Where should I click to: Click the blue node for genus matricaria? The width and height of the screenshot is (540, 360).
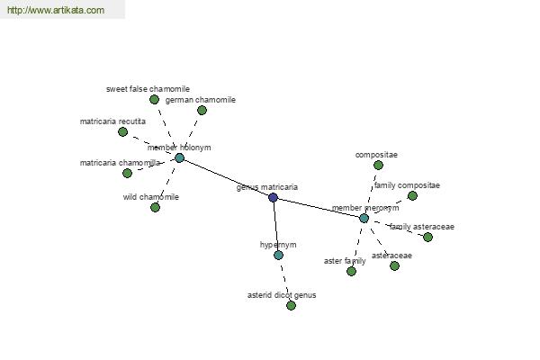273,197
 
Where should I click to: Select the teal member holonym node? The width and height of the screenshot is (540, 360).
179,158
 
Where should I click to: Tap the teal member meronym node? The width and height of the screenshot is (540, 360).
364,218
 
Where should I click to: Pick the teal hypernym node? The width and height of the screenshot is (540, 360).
278,256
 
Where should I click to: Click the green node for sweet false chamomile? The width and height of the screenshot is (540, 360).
154,100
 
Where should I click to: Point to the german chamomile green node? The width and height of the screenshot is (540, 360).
202,110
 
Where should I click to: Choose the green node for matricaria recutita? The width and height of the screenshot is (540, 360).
122,132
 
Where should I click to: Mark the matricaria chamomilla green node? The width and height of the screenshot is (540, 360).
127,173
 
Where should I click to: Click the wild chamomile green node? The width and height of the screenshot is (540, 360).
155,207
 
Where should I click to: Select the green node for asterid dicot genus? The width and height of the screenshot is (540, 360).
291,306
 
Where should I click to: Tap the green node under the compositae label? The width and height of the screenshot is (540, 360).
378,166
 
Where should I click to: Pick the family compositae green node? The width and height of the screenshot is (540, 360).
412,195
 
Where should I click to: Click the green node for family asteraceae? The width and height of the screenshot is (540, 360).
427,237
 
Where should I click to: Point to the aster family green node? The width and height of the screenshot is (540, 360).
351,272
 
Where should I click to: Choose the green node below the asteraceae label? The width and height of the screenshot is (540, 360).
394,266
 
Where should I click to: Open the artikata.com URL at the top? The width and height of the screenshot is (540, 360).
56,10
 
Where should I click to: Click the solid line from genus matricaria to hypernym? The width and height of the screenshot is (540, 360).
275,226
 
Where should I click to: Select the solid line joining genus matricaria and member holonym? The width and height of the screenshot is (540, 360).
226,178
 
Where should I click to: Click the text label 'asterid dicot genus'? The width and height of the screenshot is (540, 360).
282,295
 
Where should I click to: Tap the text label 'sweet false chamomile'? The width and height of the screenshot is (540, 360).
148,89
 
